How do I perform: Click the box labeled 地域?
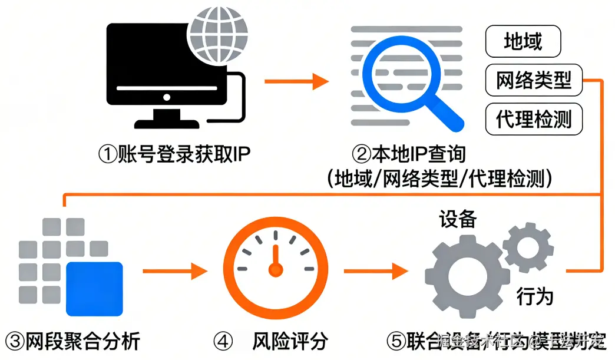click(x=523, y=42)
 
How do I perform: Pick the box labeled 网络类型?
click(x=533, y=81)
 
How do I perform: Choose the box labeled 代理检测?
click(x=533, y=119)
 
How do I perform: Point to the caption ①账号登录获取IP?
click(x=174, y=154)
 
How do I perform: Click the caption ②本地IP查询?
click(x=409, y=154)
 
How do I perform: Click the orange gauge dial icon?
click(x=273, y=268)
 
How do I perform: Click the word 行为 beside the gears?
click(x=535, y=296)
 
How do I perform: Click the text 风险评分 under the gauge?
click(x=290, y=341)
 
